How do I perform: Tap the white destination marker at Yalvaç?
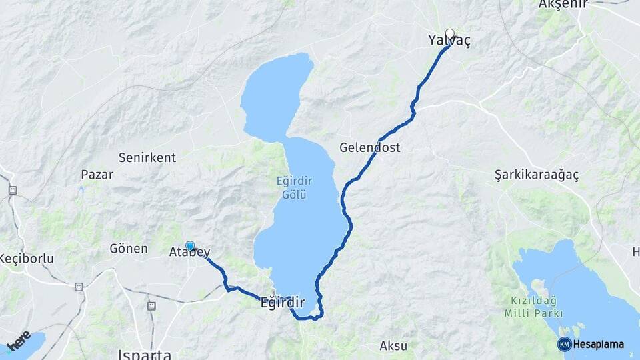450,34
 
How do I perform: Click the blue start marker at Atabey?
190,246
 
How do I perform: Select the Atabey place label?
189,253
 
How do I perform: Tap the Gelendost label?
370,147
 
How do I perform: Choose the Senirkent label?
147,158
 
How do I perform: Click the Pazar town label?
97,175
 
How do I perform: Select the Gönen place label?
128,249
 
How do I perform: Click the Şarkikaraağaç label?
536,174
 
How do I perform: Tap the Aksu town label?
393,345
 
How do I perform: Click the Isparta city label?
143,354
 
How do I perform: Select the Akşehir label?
563,5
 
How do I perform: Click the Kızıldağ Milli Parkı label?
535,308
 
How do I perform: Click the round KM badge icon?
565,344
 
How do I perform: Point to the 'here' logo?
18,340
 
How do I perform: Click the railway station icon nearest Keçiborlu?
79,287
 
